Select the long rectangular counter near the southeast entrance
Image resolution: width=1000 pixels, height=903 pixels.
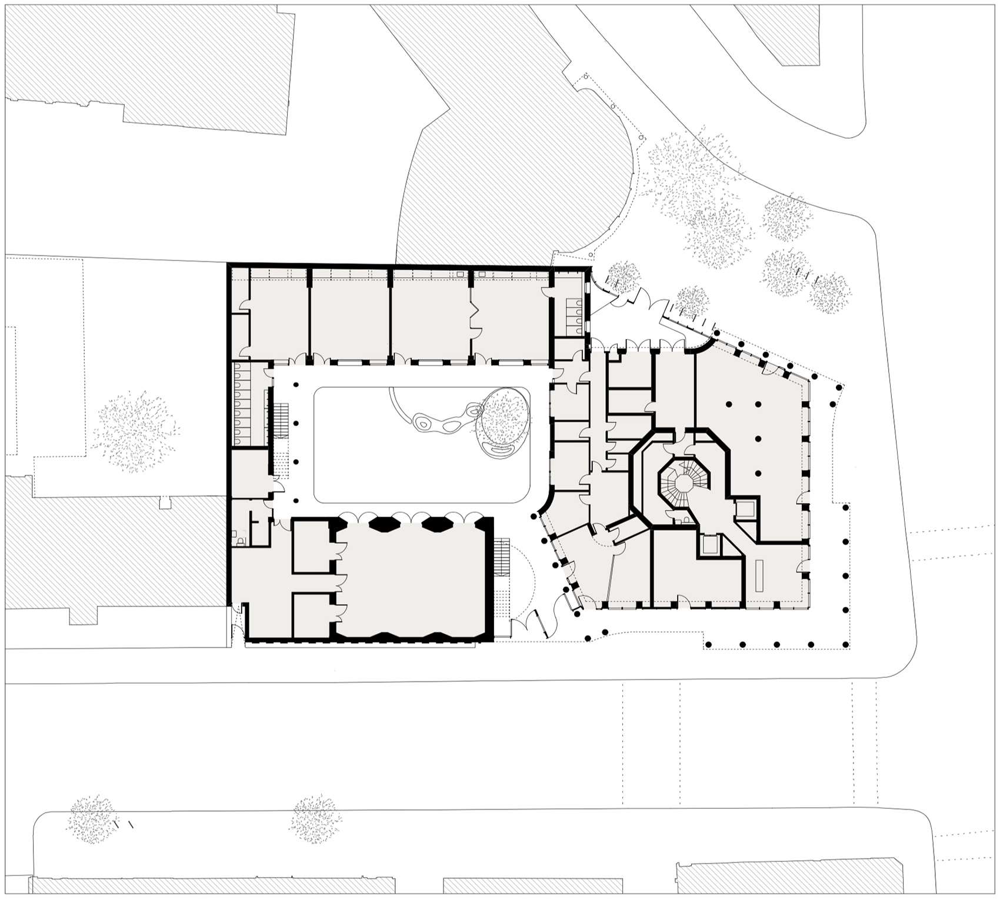(759, 576)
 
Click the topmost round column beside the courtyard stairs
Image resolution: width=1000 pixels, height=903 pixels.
(296, 423)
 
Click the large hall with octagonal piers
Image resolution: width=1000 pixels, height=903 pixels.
(412, 579)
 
